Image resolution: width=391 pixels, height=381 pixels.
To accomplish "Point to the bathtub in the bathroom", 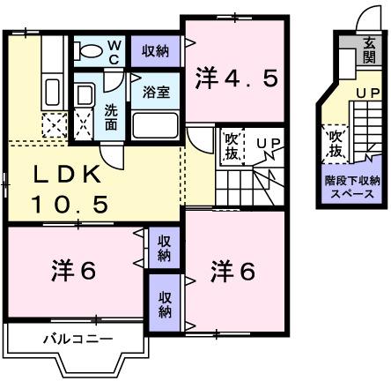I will tap(156, 123).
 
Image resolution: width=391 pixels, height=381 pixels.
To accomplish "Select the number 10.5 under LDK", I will tap(70, 205).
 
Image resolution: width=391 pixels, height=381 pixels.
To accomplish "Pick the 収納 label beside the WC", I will tap(155, 51).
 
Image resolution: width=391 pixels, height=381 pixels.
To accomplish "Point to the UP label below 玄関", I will tap(366, 94).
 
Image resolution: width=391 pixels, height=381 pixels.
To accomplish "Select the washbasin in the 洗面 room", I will tap(85, 93).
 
